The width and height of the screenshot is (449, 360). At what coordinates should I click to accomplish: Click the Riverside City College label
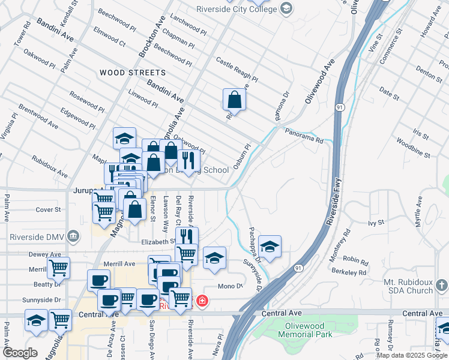tap(238, 8)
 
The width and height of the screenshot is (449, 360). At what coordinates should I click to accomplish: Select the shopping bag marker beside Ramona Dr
tap(235, 100)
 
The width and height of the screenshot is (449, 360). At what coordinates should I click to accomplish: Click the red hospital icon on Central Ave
tap(202, 300)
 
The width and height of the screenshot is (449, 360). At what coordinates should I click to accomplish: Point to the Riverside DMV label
tap(36, 235)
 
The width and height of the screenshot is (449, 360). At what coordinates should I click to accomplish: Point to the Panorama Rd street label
tap(304, 136)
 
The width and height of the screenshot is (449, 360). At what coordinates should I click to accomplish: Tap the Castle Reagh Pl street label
tap(237, 70)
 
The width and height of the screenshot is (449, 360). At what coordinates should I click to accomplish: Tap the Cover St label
tap(48, 209)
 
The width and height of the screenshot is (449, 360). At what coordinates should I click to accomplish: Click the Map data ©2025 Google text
tap(412, 355)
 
